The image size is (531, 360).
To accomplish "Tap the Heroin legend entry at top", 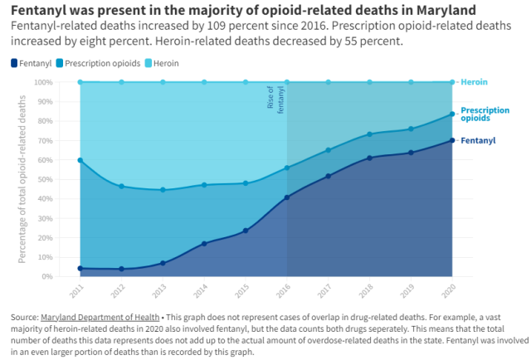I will tap(165, 63).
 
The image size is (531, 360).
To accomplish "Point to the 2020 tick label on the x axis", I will tap(448, 292).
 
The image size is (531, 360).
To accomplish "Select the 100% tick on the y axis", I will tap(42, 82).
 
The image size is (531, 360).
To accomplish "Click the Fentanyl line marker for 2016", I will tap(287, 197).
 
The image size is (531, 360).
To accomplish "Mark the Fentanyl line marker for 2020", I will tap(452, 140).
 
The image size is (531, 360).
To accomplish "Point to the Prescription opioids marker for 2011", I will tap(80, 160).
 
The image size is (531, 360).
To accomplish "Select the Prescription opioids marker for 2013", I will tap(163, 190).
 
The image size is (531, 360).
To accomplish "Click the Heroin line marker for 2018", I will tap(370, 82).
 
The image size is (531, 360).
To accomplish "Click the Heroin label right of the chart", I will tap(474, 82).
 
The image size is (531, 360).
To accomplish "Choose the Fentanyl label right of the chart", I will tap(478, 140).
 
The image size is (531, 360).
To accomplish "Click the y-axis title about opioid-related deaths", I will tap(22, 179).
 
